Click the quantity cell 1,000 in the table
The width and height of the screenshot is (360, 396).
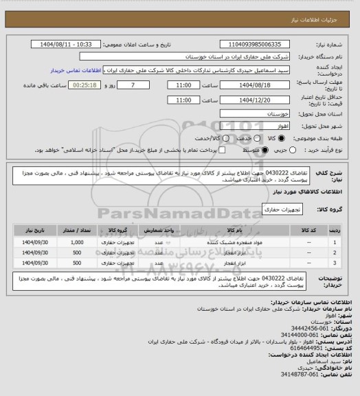tap(76, 243)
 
